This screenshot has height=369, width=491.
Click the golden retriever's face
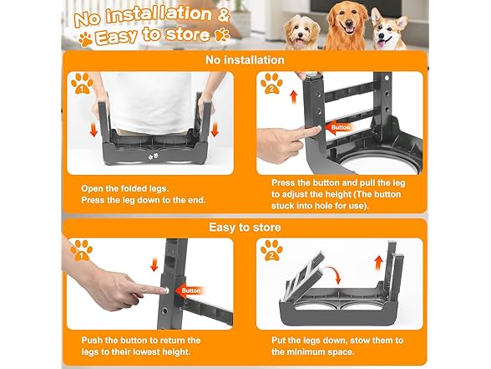pos(347,23)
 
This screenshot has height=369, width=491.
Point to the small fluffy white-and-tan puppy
pos(302,33)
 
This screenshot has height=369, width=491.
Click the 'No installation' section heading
pos(245,60)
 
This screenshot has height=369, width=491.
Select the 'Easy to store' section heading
pos(245,228)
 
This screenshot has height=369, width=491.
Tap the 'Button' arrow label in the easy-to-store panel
pos(189,290)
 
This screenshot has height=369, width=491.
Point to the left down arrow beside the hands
pos(94,130)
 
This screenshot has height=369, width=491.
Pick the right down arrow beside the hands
pos(215,130)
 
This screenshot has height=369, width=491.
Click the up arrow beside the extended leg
pos(294,97)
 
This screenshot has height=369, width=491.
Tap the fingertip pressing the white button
pos(164,290)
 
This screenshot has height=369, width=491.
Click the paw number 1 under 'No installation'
pos(82,84)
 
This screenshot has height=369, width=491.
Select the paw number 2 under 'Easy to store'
pos(271,250)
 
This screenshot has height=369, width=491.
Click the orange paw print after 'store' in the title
pos(222,34)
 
